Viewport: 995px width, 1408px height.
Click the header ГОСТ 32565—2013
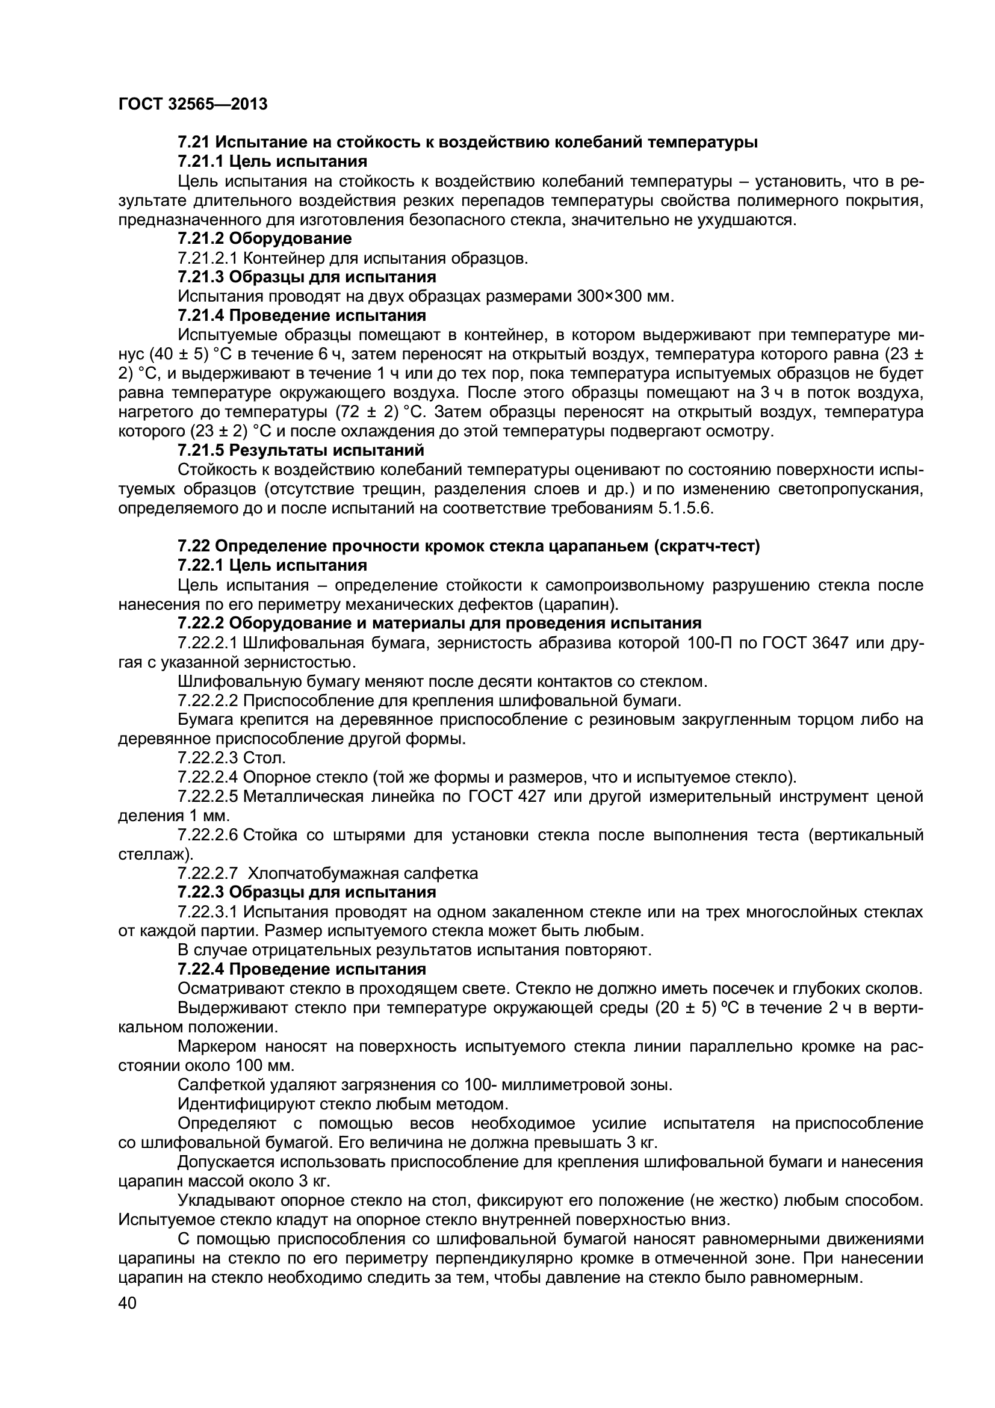coord(193,104)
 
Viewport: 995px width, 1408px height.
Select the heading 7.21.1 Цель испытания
coord(272,161)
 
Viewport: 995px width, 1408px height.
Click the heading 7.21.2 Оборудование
coord(264,238)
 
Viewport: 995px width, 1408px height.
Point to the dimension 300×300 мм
coord(625,296)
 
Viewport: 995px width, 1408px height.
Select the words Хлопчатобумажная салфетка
coord(363,873)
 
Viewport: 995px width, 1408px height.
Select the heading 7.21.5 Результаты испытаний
coord(300,450)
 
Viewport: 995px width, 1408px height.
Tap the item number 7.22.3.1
coord(208,912)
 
